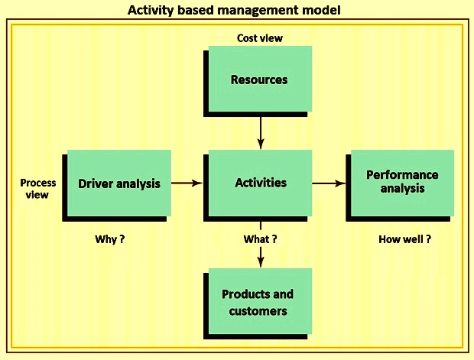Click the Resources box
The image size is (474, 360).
258,81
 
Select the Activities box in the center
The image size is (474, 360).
258,185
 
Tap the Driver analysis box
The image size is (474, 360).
117,185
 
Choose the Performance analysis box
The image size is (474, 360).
400,185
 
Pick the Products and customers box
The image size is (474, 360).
258,303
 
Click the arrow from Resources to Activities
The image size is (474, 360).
261,133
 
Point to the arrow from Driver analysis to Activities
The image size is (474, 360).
187,183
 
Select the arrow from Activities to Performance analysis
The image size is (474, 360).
329,183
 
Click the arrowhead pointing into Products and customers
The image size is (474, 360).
261,261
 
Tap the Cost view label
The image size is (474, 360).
260,38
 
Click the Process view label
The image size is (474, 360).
37,189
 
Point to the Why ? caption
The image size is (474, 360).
110,239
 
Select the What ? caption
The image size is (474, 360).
260,239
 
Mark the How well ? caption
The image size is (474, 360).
404,239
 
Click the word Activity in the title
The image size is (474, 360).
151,10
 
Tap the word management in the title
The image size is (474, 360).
258,11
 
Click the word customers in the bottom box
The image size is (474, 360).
258,311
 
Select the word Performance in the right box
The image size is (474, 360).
402,175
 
